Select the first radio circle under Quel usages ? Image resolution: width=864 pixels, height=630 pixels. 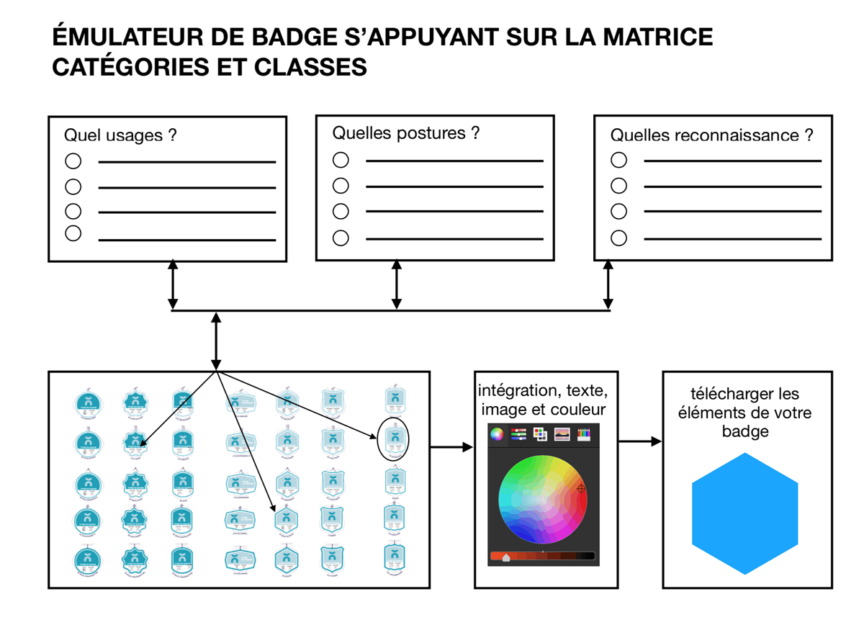[73, 161]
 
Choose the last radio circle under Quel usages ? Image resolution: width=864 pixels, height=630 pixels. [73, 233]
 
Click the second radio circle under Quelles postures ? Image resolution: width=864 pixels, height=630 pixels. [341, 186]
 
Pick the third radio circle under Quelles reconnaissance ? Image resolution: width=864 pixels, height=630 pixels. [618, 212]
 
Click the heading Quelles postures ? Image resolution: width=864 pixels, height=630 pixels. [405, 133]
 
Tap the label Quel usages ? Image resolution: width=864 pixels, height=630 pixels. [120, 135]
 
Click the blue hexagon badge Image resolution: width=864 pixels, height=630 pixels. [745, 513]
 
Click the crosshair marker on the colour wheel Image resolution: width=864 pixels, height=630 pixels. [581, 489]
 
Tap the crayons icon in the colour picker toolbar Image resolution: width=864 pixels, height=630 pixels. [584, 434]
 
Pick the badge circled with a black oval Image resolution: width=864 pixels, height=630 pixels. [393, 438]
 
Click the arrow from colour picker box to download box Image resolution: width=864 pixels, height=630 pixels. [639, 441]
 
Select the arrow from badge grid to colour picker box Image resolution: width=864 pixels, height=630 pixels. [451, 447]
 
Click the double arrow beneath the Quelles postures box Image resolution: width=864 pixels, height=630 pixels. [396, 285]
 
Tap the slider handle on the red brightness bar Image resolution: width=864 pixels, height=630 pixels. [506, 557]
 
